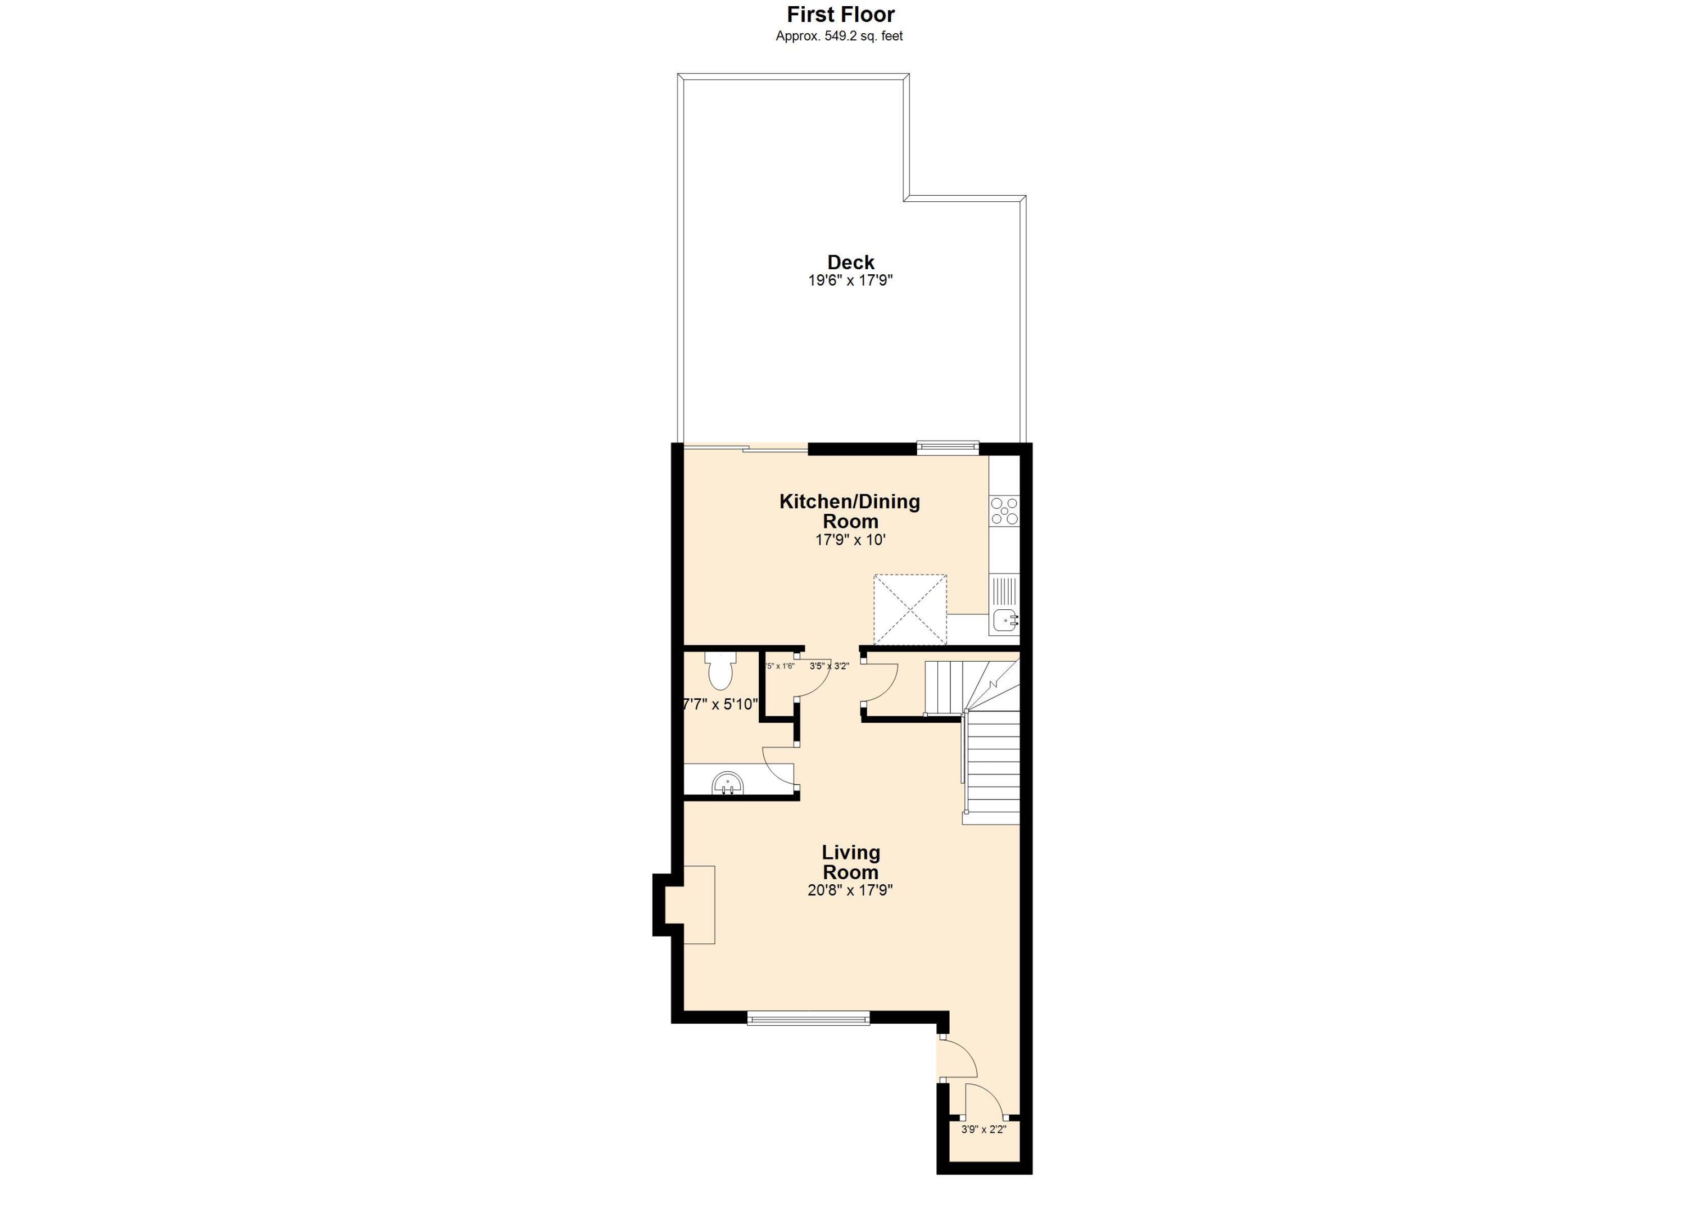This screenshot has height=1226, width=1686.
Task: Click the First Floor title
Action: click(841, 14)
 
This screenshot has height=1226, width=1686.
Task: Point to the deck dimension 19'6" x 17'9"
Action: click(850, 281)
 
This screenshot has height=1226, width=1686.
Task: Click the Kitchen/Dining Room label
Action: click(849, 511)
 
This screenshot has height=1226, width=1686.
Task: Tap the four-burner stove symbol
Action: click(1004, 511)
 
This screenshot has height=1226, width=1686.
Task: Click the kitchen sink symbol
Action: click(1005, 618)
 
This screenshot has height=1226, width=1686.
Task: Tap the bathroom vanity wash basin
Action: click(728, 784)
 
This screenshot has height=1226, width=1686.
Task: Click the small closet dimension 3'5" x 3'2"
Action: click(829, 666)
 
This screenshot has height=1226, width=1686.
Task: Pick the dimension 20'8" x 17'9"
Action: click(850, 890)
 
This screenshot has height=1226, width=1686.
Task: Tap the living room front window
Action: click(808, 1018)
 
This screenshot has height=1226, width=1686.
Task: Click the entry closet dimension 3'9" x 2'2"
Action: click(984, 1129)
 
